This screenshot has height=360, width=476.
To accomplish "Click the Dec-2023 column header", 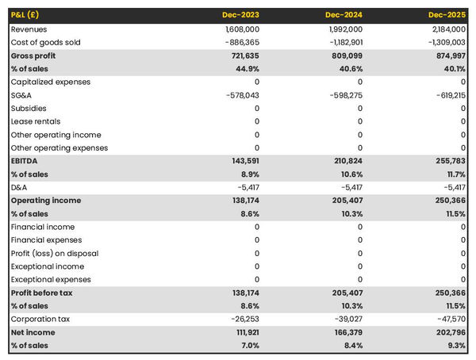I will click(241, 16).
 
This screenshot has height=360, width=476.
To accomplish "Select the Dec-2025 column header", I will click(447, 16).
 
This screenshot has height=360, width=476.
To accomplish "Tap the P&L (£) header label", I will click(27, 16).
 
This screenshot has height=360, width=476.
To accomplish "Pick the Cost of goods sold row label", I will click(47, 42).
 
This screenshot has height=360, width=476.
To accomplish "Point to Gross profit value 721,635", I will click(242, 56).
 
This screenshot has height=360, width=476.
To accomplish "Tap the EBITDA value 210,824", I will click(345, 161).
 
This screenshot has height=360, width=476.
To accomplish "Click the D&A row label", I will click(19, 187).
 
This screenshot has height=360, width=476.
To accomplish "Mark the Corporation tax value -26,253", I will click(241, 320).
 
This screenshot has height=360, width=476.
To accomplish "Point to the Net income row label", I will click(33, 332).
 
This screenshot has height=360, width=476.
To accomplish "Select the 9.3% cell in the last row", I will click(455, 346).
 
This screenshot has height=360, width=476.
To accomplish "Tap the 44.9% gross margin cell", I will click(246, 69).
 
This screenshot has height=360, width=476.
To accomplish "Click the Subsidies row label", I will click(29, 108).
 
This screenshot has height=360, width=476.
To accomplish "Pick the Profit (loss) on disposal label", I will click(55, 253).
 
